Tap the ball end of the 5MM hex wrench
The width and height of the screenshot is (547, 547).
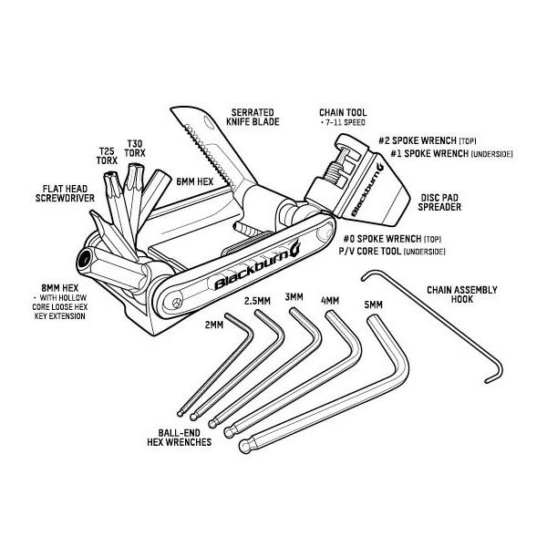[x=245, y=447]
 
